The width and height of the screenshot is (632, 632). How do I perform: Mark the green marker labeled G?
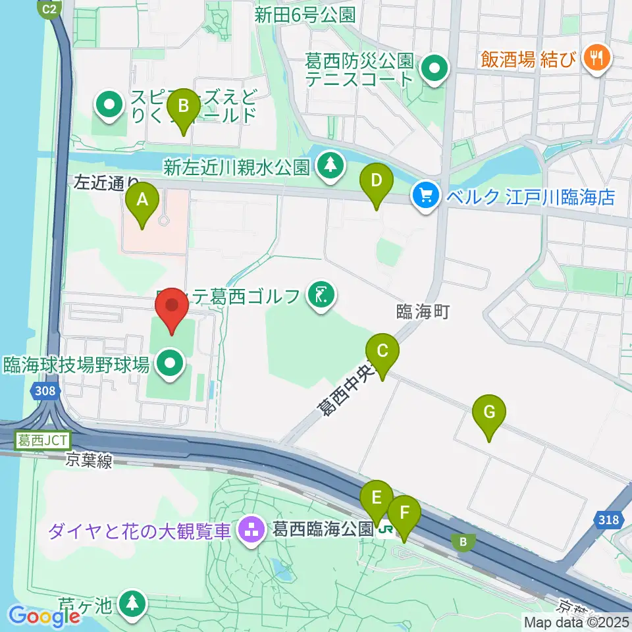coord(489,414)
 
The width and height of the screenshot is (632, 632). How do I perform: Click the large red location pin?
coord(172,307)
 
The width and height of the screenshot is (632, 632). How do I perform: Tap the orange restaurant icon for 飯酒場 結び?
coord(597,57)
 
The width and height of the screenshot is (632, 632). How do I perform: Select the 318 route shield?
coord(609,520)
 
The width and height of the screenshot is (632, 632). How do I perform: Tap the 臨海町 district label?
coord(423,311)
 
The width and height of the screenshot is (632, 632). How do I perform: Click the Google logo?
coord(44,616)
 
